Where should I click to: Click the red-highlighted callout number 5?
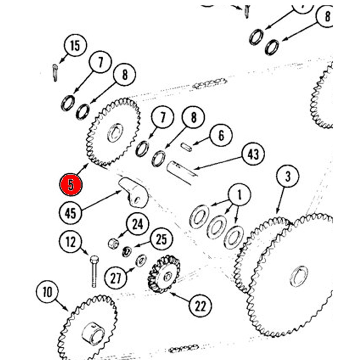71,185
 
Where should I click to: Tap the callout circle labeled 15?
75,46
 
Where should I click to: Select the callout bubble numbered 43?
253,154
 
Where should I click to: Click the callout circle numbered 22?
201,306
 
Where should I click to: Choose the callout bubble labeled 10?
48,292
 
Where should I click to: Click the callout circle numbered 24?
138,225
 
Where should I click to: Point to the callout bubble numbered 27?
116,278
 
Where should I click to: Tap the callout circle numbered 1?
239,195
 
